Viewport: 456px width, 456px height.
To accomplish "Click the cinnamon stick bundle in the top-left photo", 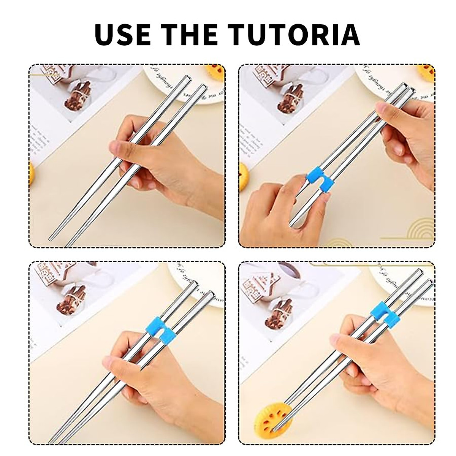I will click(78, 97).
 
